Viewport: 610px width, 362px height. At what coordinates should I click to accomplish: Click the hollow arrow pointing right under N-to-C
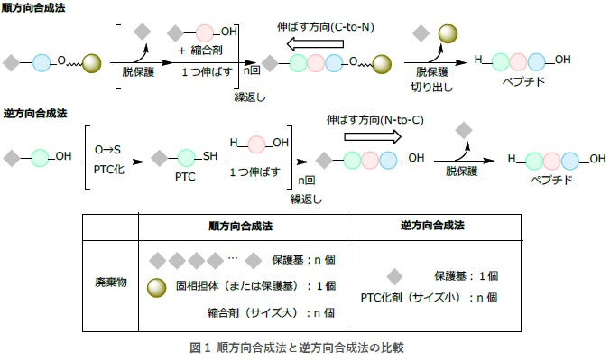(x=372, y=136)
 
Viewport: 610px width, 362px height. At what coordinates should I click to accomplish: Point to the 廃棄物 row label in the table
(x=110, y=283)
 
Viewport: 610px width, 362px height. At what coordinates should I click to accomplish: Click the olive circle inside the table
(x=157, y=286)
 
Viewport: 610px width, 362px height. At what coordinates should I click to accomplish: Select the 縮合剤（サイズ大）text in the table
(x=242, y=313)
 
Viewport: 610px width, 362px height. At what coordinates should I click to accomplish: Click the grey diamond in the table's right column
(x=394, y=276)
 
